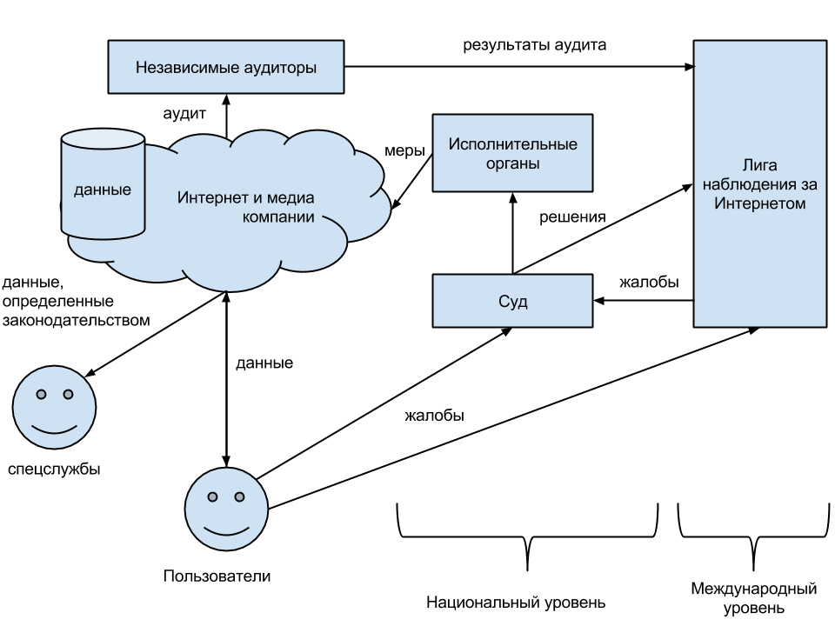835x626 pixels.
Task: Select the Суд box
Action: pyautogui.click(x=512, y=301)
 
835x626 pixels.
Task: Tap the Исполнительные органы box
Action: pyautogui.click(x=512, y=153)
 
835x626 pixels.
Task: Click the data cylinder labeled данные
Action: pyautogui.click(x=103, y=196)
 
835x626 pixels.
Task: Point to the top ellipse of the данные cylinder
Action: pyautogui.click(x=103, y=139)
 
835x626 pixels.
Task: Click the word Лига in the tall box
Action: pyautogui.click(x=759, y=165)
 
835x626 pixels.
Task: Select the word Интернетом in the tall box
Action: pyautogui.click(x=759, y=203)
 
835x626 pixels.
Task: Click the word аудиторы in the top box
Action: pyautogui.click(x=280, y=67)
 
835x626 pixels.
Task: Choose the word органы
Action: pyautogui.click(x=512, y=163)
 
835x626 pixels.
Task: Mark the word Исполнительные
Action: pyautogui.click(x=512, y=143)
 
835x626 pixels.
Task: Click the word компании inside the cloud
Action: pyautogui.click(x=277, y=216)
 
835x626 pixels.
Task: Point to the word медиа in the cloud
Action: pyautogui.click(x=291, y=197)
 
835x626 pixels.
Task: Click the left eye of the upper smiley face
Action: pyautogui.click(x=41, y=395)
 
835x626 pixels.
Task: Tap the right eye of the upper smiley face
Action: pyautogui.click(x=68, y=395)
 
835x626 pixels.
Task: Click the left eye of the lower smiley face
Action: pyautogui.click(x=213, y=497)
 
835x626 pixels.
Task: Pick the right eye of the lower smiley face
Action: pyautogui.click(x=240, y=497)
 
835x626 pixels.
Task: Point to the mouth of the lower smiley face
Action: pyautogui.click(x=226, y=530)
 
